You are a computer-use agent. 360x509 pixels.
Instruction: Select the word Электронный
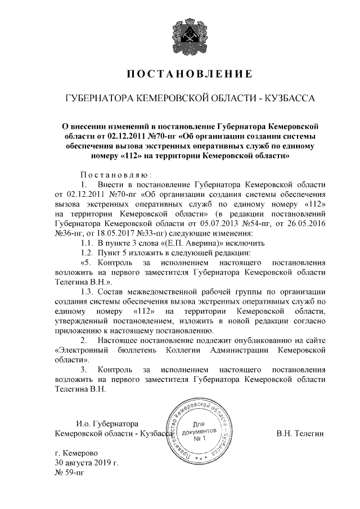[x=82, y=350]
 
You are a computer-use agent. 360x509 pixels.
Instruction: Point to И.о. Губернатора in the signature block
[x=107, y=424]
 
